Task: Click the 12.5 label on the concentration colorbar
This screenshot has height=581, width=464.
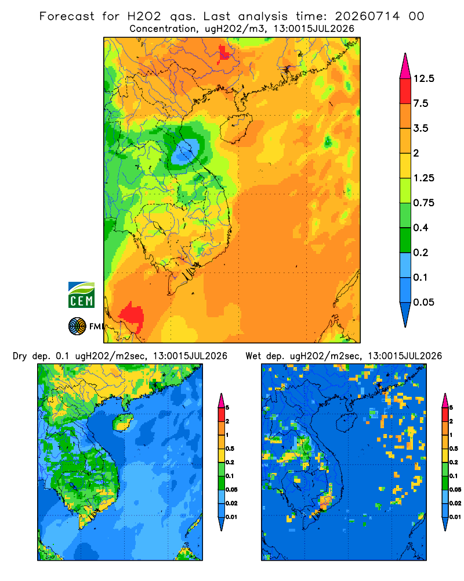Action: tap(423, 78)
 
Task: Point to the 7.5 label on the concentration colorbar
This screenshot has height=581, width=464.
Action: tap(420, 103)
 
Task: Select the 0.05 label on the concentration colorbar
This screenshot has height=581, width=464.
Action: tap(423, 302)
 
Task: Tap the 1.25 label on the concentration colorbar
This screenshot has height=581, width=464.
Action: tap(423, 178)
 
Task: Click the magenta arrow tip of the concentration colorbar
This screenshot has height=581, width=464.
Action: tap(405, 66)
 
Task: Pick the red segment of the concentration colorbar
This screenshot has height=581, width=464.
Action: tap(405, 91)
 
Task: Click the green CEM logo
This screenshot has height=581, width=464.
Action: tap(81, 295)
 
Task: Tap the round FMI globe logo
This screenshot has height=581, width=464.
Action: tap(77, 327)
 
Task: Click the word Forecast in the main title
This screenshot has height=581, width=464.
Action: tap(67, 16)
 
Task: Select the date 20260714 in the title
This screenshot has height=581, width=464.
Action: tap(367, 16)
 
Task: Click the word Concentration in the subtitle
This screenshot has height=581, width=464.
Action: tap(162, 29)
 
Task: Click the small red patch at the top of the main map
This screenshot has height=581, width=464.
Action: tap(224, 53)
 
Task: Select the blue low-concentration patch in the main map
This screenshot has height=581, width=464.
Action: tap(186, 152)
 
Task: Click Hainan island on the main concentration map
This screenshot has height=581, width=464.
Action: tap(235, 128)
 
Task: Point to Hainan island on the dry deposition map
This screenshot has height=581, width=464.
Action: tap(122, 422)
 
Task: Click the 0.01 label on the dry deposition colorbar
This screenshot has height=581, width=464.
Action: tap(231, 517)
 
